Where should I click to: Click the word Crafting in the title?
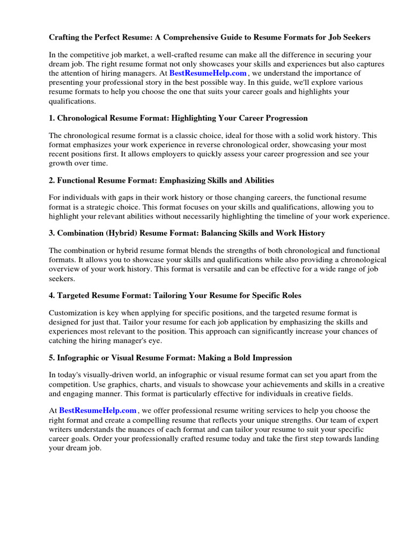tap(64, 38)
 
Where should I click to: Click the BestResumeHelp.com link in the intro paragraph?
tap(208, 73)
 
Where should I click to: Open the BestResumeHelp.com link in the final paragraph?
tap(98, 410)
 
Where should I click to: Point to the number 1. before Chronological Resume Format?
tap(52, 118)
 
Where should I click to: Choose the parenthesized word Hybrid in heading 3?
tap(120, 233)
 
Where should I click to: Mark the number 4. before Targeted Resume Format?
tap(52, 295)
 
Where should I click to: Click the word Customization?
tap(76, 313)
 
